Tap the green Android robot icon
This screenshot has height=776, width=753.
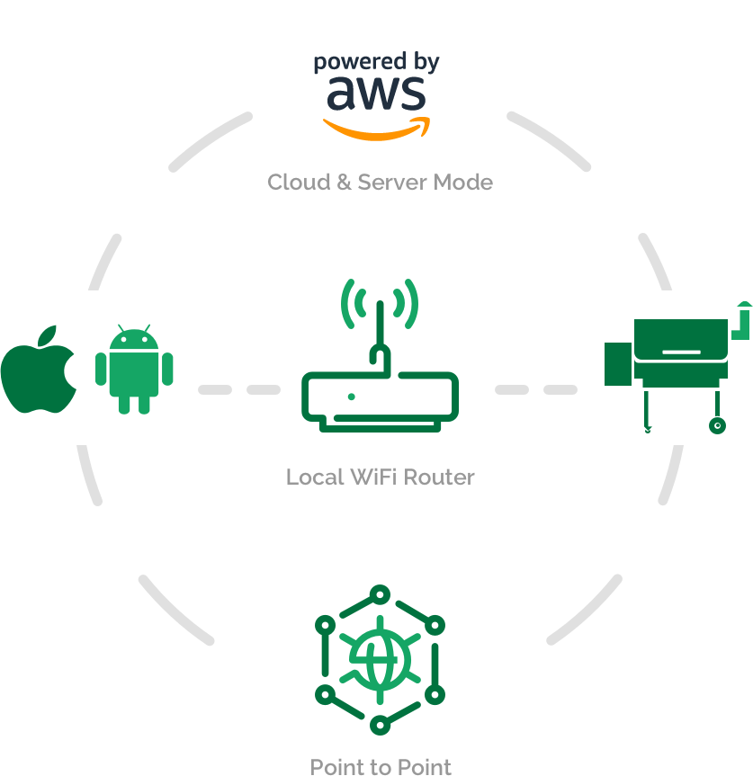[x=134, y=370]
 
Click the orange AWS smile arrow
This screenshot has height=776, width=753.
[x=377, y=129]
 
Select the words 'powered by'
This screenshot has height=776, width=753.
[x=376, y=62]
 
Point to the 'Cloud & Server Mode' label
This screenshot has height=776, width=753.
[x=381, y=183]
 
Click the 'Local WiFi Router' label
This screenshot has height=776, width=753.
[x=381, y=477]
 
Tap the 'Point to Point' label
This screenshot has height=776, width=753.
[x=381, y=766]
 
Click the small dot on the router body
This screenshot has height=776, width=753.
[x=352, y=397]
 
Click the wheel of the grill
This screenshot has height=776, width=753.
[x=717, y=425]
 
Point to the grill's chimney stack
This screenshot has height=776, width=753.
[x=741, y=321]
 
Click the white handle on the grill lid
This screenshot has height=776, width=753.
[x=682, y=352]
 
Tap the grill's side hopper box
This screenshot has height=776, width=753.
[x=618, y=364]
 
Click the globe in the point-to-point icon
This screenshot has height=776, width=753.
[x=381, y=660]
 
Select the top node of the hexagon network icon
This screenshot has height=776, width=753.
[x=381, y=595]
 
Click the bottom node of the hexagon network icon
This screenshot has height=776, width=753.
[x=381, y=725]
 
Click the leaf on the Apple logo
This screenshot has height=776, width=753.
[x=48, y=335]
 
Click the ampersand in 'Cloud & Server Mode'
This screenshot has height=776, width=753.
[x=344, y=183]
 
